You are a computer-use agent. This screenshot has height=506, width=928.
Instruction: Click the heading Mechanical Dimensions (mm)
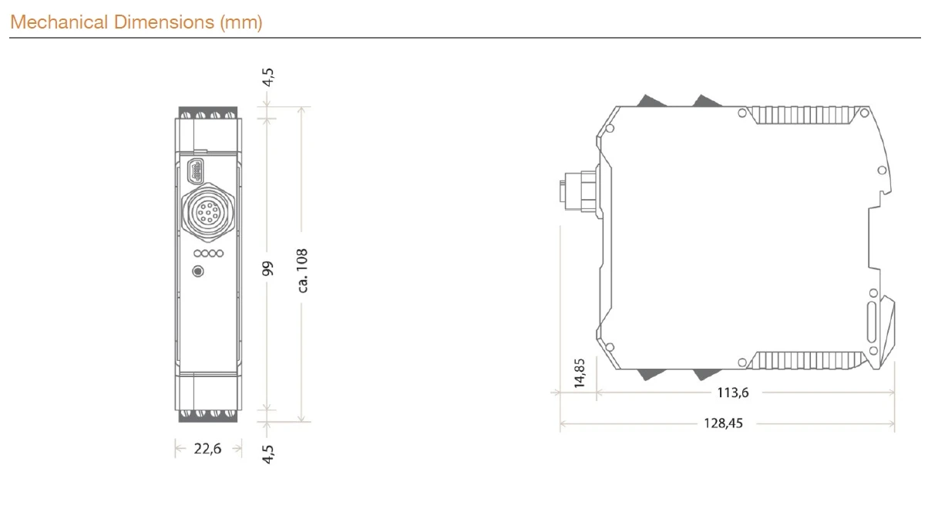136,22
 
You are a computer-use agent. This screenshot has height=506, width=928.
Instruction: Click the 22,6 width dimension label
207,449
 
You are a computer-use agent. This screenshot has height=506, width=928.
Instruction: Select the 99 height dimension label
268,268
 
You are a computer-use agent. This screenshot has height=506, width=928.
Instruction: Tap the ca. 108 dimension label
303,271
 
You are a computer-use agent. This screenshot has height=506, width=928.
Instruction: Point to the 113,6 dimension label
733,393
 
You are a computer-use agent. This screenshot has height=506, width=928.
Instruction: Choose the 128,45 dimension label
723,423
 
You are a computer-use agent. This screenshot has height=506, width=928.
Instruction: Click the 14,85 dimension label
580,373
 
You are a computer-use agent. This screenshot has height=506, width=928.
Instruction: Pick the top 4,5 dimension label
268,77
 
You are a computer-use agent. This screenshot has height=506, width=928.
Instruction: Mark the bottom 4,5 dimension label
268,454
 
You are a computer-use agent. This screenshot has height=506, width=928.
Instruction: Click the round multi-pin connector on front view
208,212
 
